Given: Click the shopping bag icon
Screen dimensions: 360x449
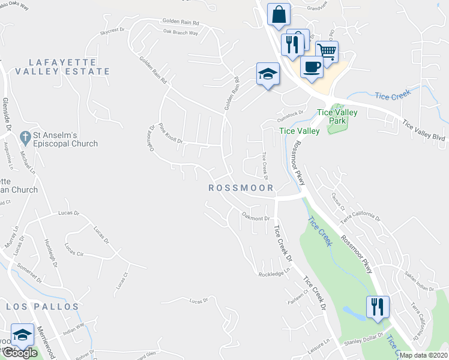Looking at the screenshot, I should tap(279, 14).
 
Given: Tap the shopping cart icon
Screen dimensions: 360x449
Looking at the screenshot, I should tap(327, 52).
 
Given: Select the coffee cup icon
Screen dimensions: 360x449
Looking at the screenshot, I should tap(312, 67).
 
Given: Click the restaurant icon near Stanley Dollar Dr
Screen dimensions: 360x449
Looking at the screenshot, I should tap(376, 307).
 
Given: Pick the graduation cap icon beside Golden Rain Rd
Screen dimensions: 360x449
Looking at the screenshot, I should tap(268, 74).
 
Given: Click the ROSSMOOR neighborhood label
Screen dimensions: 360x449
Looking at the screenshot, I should tap(241, 188).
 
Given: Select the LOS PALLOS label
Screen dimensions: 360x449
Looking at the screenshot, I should tap(43, 307).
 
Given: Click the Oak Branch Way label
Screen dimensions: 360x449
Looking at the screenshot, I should tap(180, 33).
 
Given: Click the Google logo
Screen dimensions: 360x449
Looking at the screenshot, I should tap(20, 353).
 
